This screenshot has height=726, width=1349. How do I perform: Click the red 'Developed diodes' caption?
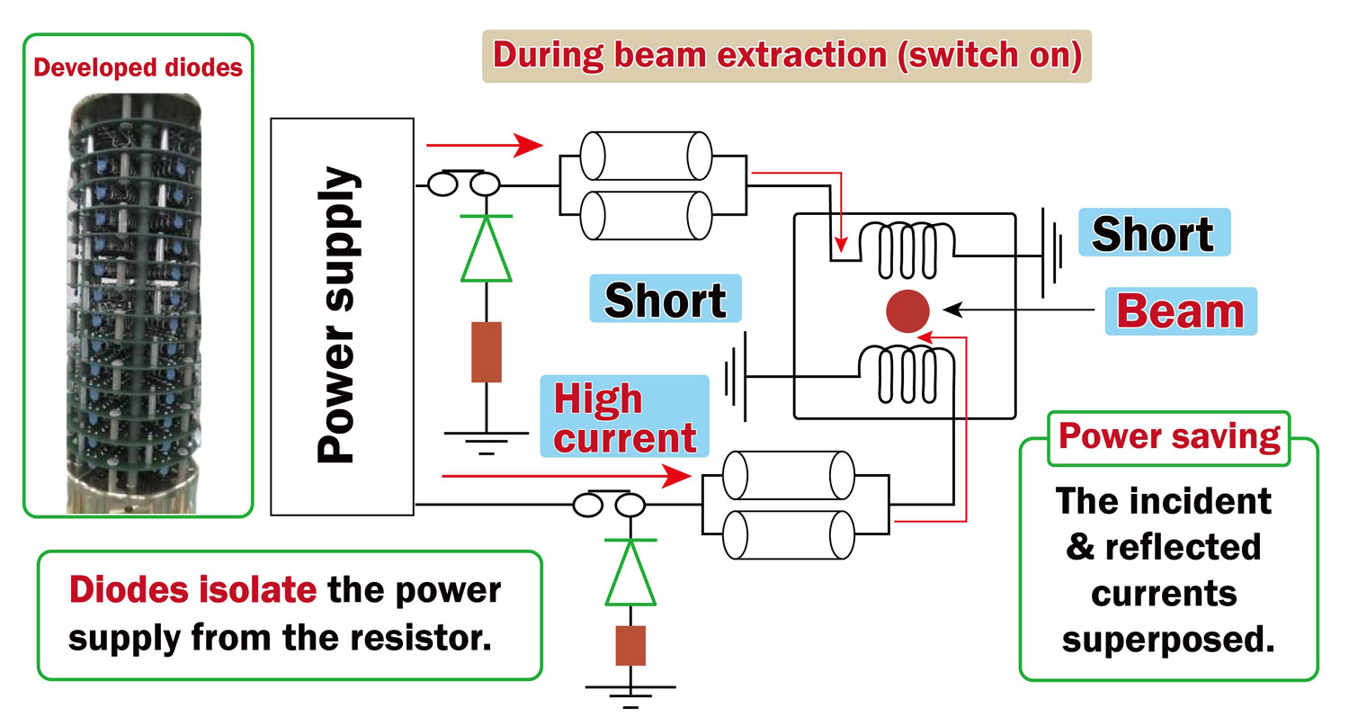[138, 68]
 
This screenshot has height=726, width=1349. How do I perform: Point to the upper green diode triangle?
[486, 249]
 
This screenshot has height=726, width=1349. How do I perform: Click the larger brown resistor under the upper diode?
[486, 351]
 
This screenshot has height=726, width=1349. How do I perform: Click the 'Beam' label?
[1179, 311]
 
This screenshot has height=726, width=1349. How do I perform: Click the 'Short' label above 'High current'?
[665, 300]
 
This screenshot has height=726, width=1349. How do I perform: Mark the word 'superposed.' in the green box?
[1168, 640]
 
